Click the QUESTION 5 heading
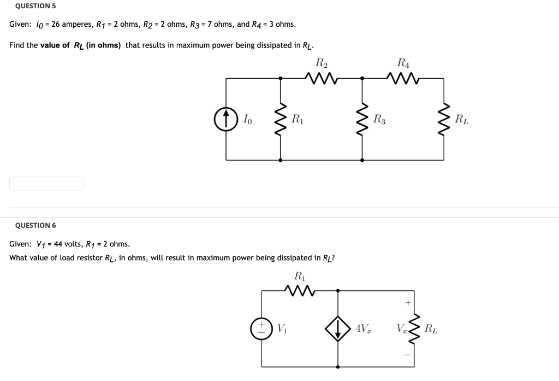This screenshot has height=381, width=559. (35, 6)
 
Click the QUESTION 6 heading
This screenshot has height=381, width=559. (35, 225)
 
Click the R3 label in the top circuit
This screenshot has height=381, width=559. (379, 119)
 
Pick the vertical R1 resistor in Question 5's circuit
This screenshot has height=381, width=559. (281, 119)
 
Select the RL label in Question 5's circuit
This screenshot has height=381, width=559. (461, 119)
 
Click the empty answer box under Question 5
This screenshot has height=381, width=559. (46, 184)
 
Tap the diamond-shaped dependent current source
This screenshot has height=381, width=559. (338, 329)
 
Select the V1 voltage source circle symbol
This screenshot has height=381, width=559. (261, 329)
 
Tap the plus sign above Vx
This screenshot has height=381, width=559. (407, 302)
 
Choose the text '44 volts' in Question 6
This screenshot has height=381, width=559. (69, 244)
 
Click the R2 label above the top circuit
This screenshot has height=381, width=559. (322, 62)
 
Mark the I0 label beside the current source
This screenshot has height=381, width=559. (247, 119)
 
